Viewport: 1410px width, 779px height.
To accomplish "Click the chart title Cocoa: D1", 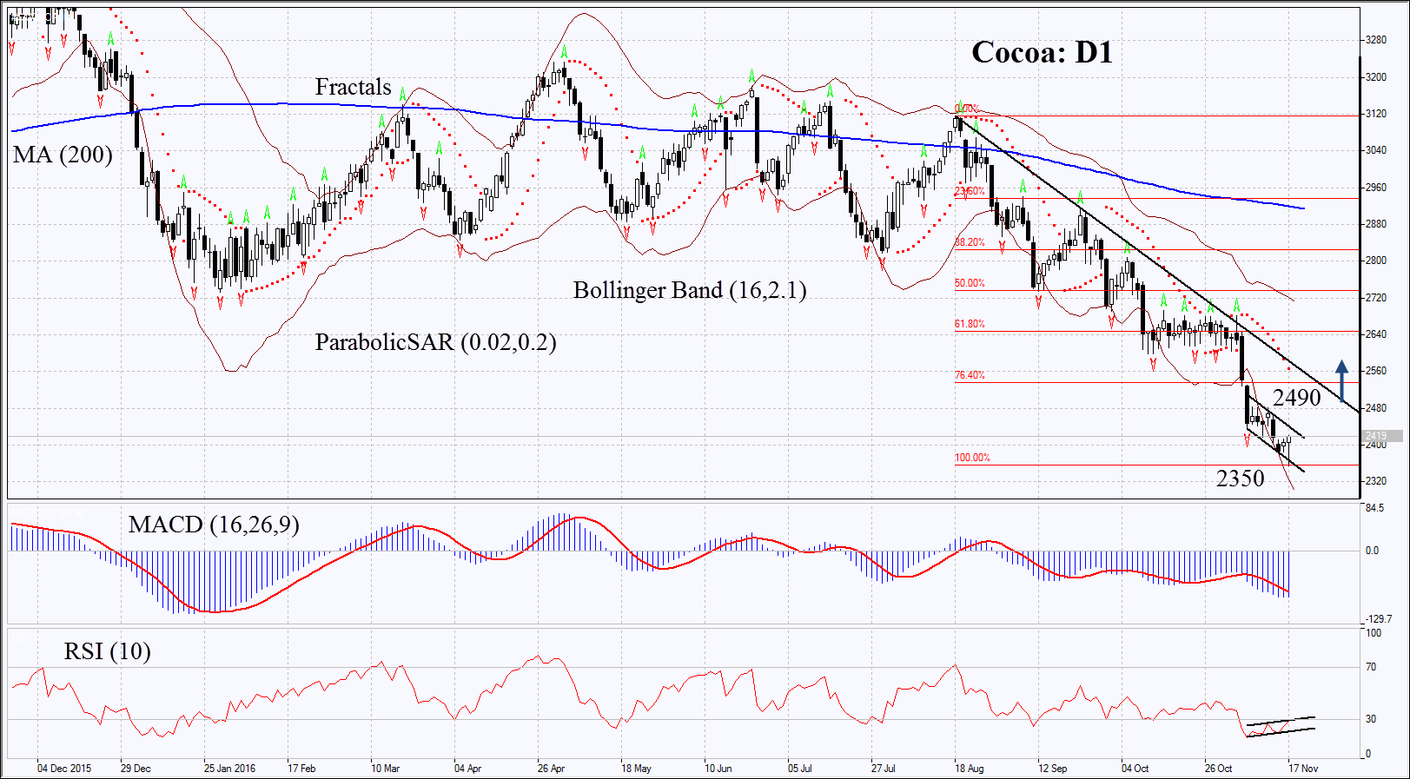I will click(x=1042, y=53).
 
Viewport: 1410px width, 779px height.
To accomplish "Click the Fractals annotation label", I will click(x=353, y=87).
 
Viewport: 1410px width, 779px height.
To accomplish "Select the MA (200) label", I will click(x=63, y=155).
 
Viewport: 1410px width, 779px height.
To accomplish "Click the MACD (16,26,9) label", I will click(x=214, y=525).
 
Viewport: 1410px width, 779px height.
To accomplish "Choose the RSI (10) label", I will click(x=107, y=651).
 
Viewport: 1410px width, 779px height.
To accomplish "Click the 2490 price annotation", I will click(x=1296, y=398).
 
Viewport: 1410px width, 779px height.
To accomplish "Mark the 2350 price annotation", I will click(x=1240, y=479).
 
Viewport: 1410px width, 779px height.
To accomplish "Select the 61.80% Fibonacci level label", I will click(x=970, y=324).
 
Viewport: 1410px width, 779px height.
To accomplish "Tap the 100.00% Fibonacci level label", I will click(x=972, y=458).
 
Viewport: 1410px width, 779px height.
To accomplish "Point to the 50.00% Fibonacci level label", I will click(x=970, y=283).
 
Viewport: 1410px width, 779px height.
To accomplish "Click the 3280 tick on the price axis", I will click(x=1376, y=40).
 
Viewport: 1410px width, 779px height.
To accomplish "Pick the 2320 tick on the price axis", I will click(x=1376, y=481).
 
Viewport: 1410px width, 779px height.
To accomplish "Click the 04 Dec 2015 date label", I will click(x=64, y=769).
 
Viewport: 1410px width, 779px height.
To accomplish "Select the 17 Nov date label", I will click(x=1303, y=769).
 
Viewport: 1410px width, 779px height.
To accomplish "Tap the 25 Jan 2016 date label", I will click(x=229, y=769).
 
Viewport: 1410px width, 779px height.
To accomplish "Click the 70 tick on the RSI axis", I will click(x=1371, y=667).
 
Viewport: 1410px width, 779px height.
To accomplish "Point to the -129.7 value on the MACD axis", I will click(x=1379, y=619).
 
